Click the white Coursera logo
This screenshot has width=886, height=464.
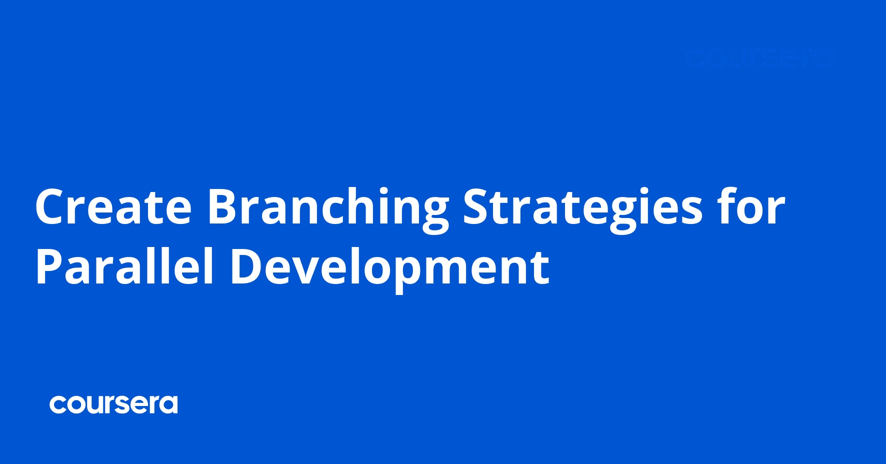point(113,404)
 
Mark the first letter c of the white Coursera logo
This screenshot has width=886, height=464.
point(58,405)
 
